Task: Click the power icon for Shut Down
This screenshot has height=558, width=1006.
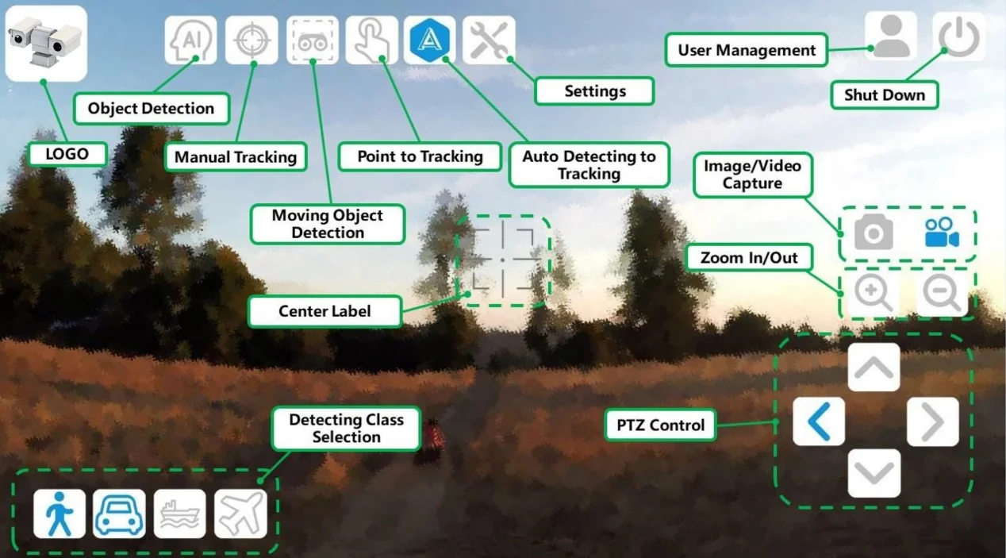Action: [958, 37]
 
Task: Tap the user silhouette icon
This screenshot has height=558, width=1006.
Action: [891, 37]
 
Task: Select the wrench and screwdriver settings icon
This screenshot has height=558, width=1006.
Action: [489, 40]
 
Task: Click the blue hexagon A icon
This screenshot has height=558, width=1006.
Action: [430, 40]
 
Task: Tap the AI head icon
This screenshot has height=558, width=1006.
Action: [190, 40]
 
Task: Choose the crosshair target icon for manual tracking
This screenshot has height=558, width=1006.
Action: [251, 40]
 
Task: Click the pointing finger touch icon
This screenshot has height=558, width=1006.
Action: [371, 40]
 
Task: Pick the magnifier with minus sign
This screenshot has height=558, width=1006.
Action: [943, 294]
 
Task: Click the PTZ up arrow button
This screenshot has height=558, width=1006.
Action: [874, 368]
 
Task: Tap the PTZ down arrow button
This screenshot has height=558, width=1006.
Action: [874, 473]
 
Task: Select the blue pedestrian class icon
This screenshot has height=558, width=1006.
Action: [60, 514]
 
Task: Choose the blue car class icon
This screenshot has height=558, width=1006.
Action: [119, 514]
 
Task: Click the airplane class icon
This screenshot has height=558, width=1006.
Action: [240, 514]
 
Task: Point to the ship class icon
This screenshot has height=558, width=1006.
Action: [179, 514]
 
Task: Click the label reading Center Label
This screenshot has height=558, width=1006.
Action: [324, 311]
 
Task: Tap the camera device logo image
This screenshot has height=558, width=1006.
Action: [45, 44]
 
